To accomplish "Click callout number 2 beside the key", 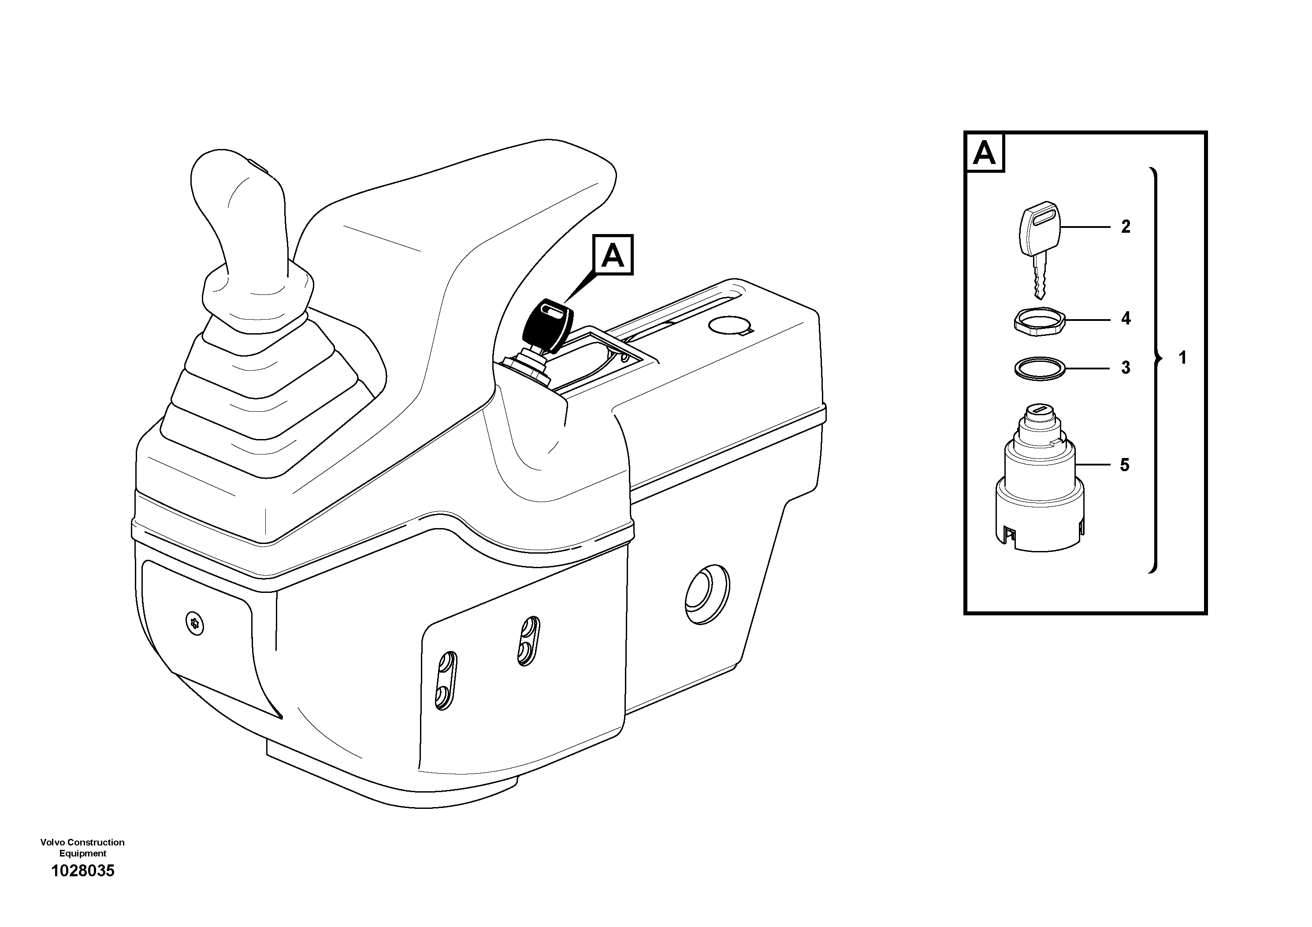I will coord(1125,227).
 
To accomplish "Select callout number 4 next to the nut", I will coord(1125,318).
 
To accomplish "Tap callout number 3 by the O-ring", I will coord(1125,368).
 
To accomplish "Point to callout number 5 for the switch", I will coord(1124,465).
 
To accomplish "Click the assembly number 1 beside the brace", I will coord(1182,358).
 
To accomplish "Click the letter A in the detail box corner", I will coord(984,153).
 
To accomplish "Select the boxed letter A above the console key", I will coord(613,255).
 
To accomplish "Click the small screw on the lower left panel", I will coord(195,622).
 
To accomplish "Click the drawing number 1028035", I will coord(83,871).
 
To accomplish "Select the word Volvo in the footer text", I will coord(52,842).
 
